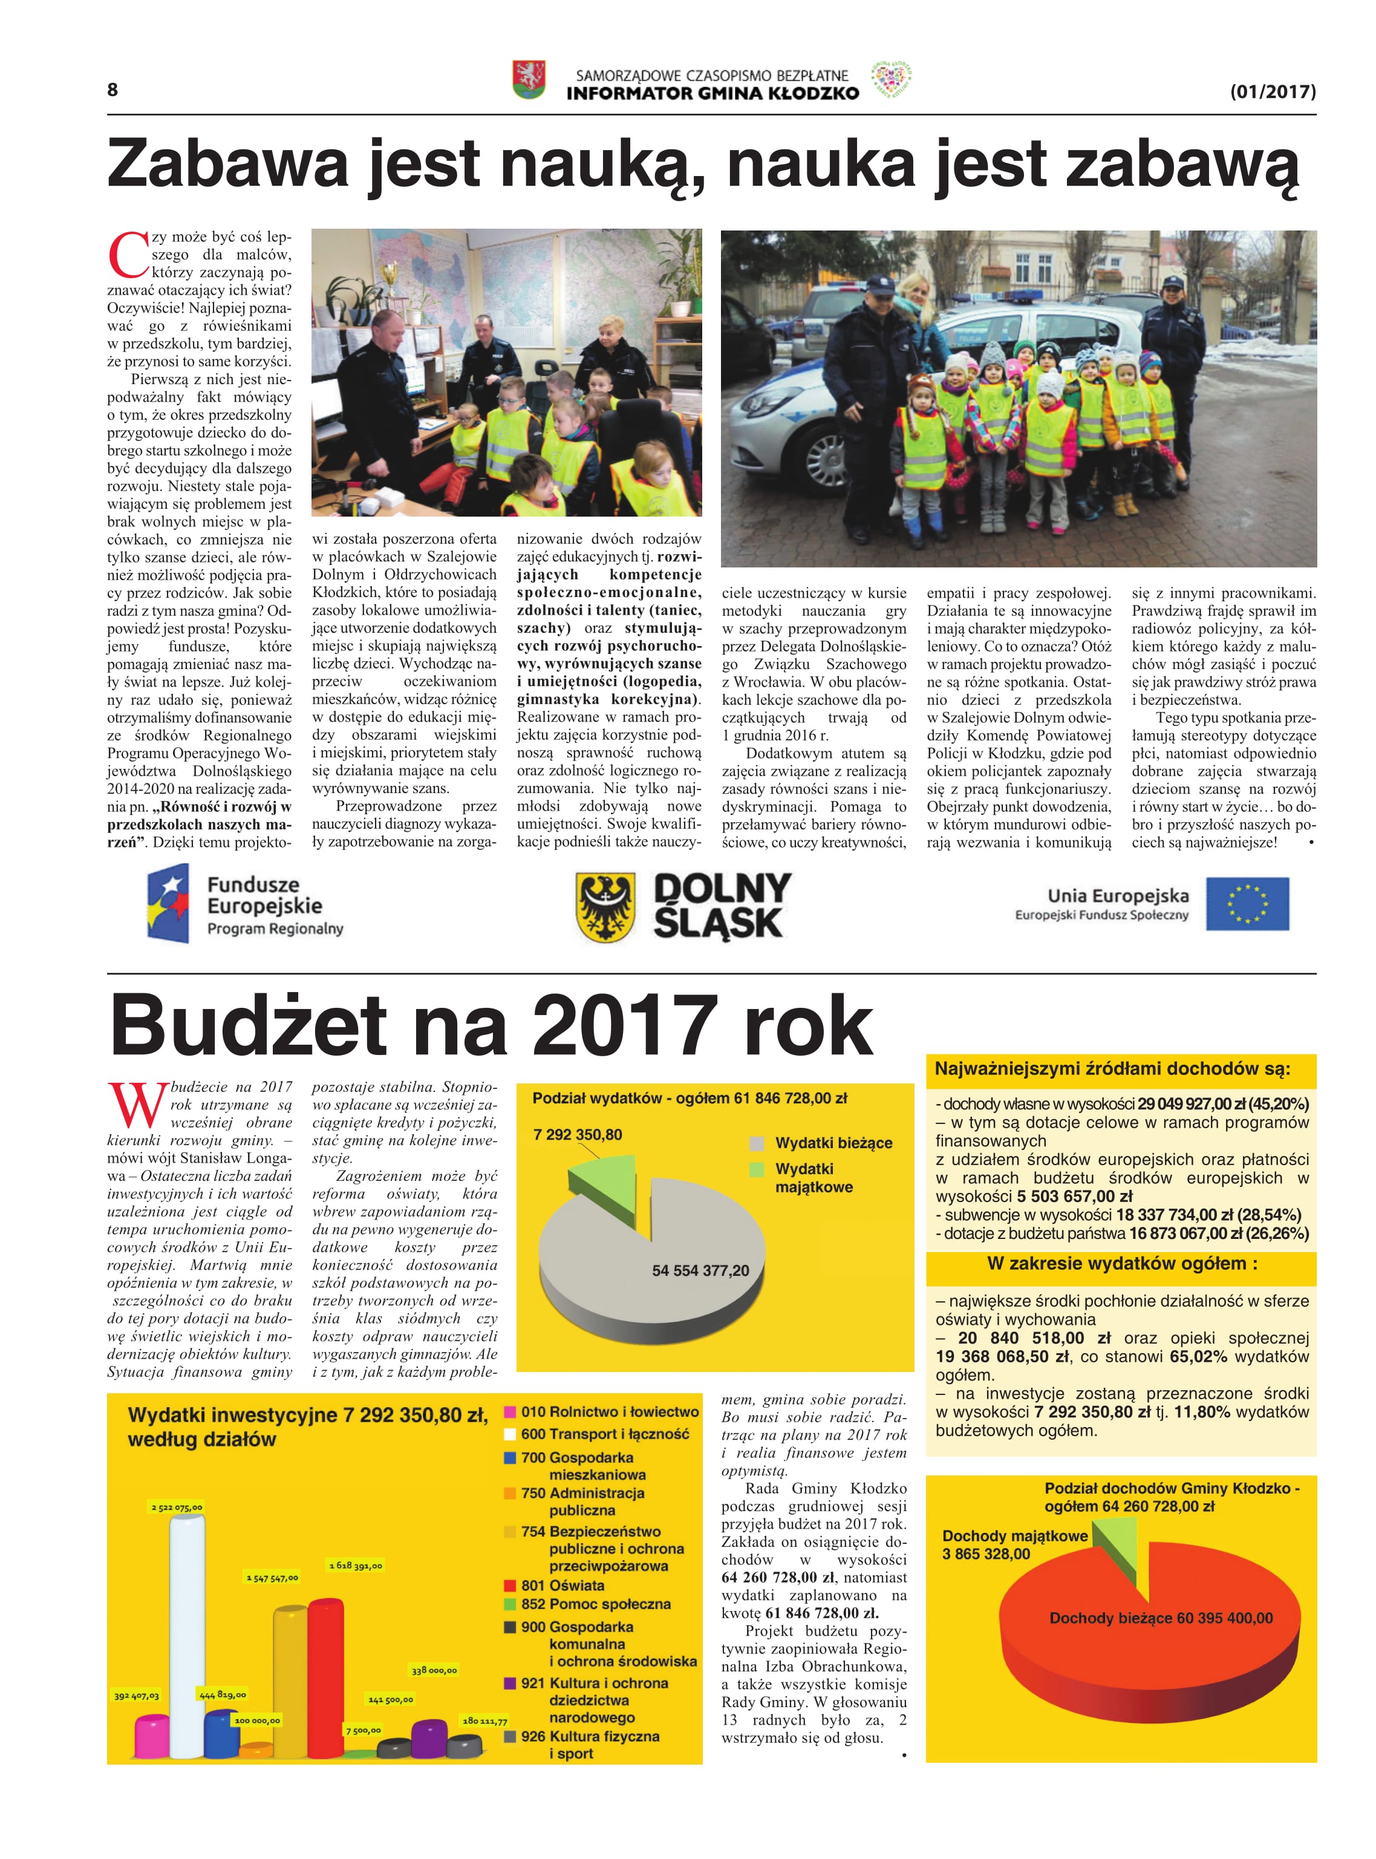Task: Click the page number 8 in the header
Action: click(112, 90)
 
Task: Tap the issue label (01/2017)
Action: click(1272, 91)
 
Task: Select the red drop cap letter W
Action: click(137, 1105)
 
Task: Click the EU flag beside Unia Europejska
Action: click(1247, 904)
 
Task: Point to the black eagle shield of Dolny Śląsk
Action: click(605, 907)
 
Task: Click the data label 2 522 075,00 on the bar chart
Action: click(177, 1507)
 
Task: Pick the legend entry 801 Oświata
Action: click(562, 1585)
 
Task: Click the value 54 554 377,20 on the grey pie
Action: click(700, 1270)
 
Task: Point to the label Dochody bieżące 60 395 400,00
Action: click(1160, 1618)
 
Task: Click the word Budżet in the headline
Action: click(248, 1025)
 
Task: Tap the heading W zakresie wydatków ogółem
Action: click(1121, 1264)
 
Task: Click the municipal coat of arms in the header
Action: click(528, 80)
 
